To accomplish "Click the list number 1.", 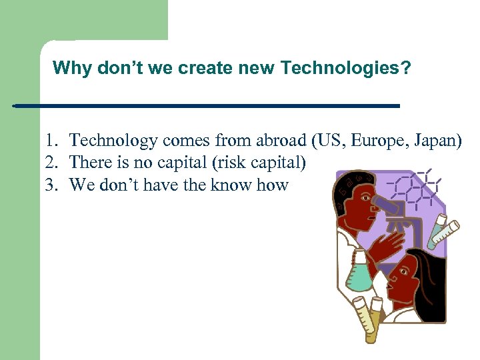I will pyautogui.click(x=51, y=141).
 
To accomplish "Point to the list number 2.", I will pyautogui.click(x=51, y=163).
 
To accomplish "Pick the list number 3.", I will pyautogui.click(x=51, y=185).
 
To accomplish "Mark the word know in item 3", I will pyautogui.click(x=230, y=185).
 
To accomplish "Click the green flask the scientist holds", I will pyautogui.click(x=359, y=274).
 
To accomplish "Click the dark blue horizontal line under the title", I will pyautogui.click(x=207, y=106).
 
